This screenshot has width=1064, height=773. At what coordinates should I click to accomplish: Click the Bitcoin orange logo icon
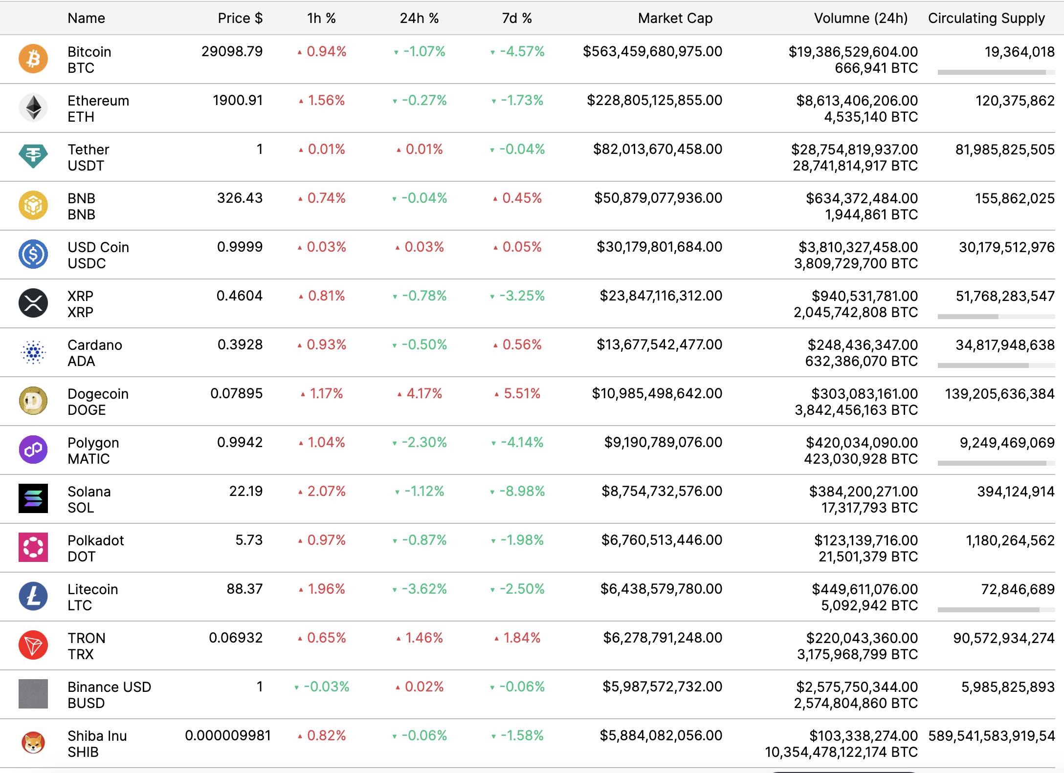click(33, 59)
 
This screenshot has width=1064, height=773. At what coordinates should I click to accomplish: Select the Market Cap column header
click(675, 18)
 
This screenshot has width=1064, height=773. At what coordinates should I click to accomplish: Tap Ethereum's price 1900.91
click(238, 100)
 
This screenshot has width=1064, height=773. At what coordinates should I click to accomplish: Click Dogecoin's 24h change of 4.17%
click(423, 393)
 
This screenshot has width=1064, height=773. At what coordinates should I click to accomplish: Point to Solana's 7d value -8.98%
click(521, 491)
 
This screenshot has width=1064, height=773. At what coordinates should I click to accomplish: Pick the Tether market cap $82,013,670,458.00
click(657, 149)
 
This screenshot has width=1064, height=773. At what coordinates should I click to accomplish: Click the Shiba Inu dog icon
click(33, 743)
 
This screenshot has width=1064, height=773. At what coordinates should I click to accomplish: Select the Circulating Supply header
click(986, 18)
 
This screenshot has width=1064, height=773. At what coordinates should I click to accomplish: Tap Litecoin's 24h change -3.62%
click(423, 589)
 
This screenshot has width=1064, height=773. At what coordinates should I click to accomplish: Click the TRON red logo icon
click(33, 645)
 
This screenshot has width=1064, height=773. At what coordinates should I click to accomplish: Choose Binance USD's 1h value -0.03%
click(326, 687)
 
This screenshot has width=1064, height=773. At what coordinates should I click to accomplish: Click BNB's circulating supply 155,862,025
click(1014, 198)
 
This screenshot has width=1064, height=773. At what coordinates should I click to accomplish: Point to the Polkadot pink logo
click(33, 547)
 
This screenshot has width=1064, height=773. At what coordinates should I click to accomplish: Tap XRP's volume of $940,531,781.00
click(864, 296)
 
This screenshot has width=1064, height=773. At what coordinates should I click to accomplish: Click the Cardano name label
click(95, 345)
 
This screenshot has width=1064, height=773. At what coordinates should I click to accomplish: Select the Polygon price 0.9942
click(240, 442)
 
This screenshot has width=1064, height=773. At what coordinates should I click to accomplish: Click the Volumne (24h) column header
click(860, 18)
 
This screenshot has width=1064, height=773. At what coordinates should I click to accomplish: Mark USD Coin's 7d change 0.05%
click(521, 247)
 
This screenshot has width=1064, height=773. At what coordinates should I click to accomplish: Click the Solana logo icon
click(33, 498)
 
